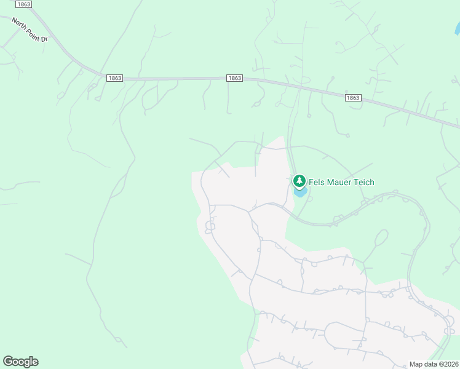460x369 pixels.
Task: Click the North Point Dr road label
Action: coord(29,29)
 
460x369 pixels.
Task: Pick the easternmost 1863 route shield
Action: coord(352,98)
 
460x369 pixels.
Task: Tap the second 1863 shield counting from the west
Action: coord(114,78)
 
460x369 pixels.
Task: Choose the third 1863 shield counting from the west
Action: coord(234,78)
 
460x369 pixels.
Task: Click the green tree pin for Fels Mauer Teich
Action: coord(299,181)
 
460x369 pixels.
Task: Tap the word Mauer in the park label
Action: coord(342,182)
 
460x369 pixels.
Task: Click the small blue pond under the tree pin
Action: coord(301,192)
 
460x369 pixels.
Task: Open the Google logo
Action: coord(20,362)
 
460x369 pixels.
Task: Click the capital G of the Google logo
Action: coord(7,361)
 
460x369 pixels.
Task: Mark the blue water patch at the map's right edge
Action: coord(457,28)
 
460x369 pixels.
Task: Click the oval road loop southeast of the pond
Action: coord(381,237)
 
